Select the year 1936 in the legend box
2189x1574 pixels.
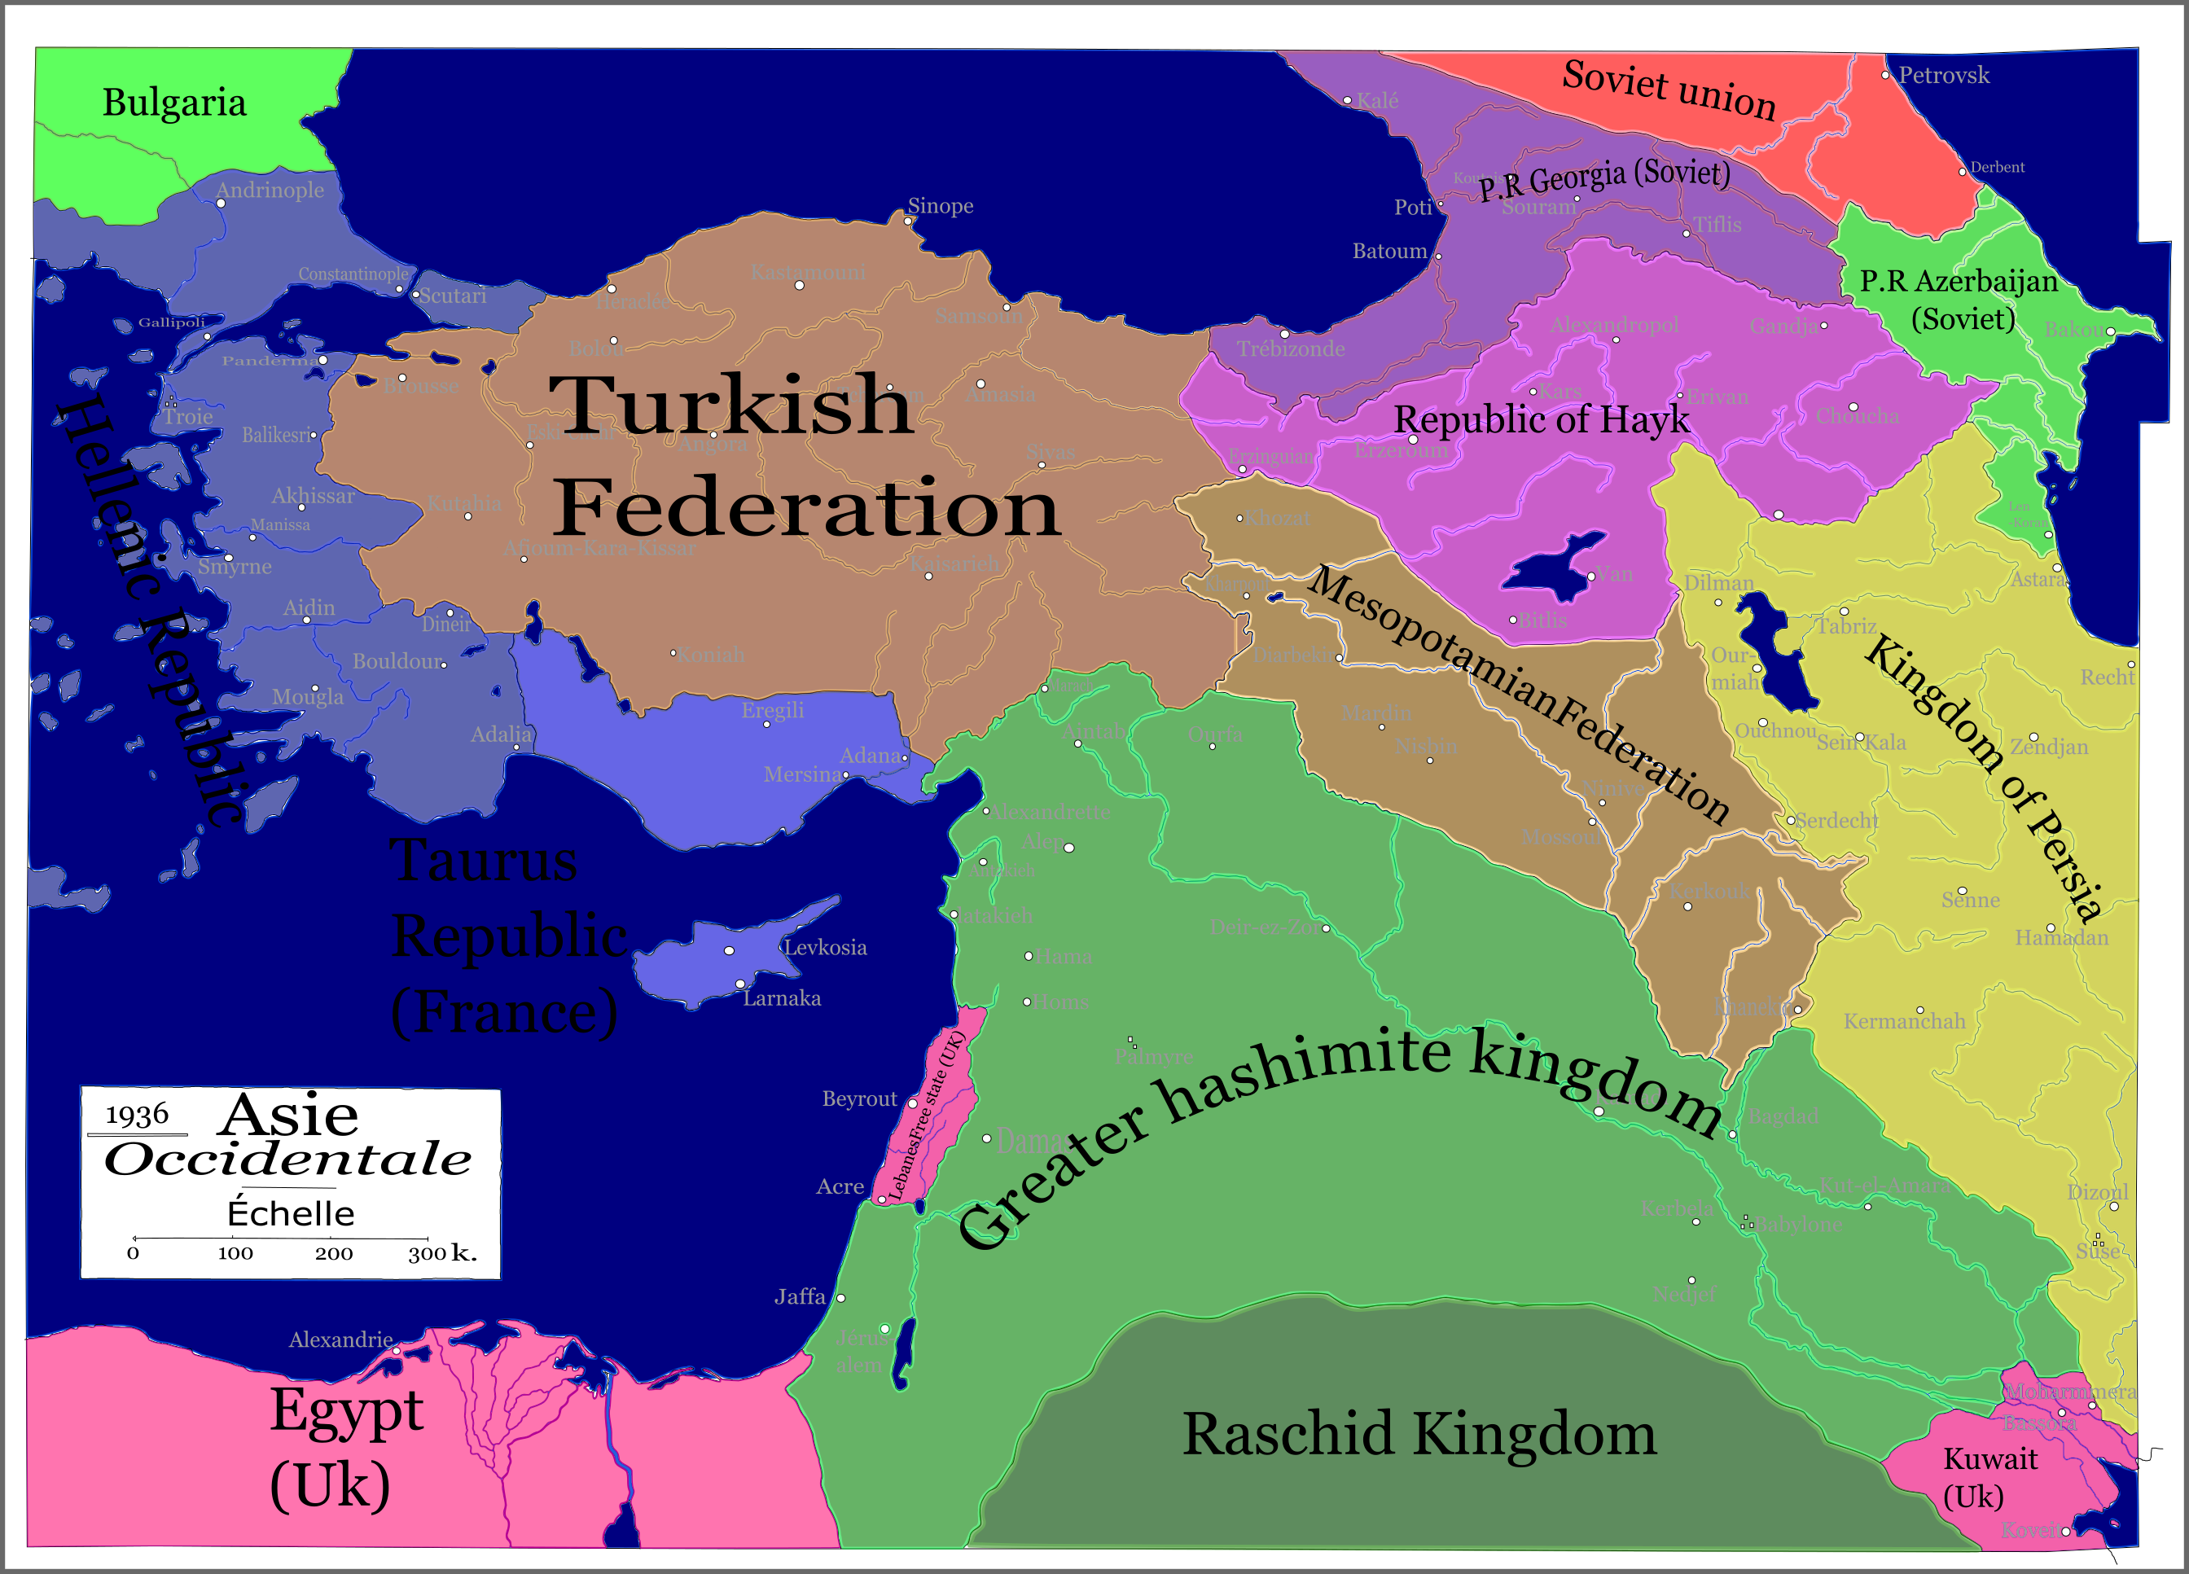click(x=136, y=1115)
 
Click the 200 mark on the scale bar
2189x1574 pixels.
click(x=333, y=1252)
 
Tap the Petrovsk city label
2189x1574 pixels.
click(x=1943, y=75)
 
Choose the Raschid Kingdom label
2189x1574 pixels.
click(x=1419, y=1433)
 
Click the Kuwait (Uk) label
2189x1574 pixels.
click(x=1990, y=1476)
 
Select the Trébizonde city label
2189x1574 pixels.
click(x=1291, y=349)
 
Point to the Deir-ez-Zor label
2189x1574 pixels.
click(x=1265, y=927)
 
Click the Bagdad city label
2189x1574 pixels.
click(x=1783, y=1116)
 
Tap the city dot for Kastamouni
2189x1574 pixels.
click(x=799, y=285)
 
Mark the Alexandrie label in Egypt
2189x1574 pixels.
click(x=340, y=1339)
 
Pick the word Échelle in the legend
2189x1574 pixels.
click(x=291, y=1212)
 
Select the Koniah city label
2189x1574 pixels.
click(x=710, y=655)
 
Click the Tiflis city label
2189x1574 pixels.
click(x=1717, y=224)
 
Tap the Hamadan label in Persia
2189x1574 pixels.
click(x=2062, y=937)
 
